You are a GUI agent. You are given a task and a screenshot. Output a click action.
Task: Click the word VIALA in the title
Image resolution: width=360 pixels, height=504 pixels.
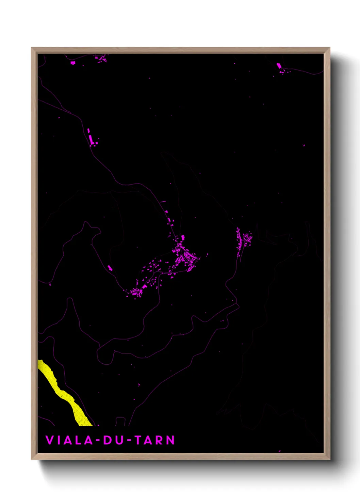tap(69, 440)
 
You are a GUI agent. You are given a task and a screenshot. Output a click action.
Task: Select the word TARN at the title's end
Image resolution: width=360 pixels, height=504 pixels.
tap(155, 440)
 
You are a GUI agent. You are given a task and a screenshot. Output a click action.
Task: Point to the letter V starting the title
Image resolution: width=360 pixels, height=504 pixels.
tap(49, 440)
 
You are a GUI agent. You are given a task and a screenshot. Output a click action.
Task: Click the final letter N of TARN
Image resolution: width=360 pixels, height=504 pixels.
tap(170, 440)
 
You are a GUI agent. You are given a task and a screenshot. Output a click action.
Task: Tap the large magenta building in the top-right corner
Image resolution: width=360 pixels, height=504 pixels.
tap(279, 66)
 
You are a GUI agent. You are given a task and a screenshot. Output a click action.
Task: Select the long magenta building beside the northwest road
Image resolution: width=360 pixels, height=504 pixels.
tap(89, 131)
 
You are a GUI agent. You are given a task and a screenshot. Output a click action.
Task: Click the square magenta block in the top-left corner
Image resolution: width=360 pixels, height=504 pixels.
tap(72, 63)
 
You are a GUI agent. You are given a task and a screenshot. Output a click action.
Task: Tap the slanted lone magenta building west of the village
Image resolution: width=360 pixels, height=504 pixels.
tap(110, 268)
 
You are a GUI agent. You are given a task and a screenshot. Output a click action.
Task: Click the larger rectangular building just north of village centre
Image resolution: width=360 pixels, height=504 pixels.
tap(183, 237)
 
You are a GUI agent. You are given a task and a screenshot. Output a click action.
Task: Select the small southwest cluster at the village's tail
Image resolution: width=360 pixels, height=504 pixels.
tap(136, 292)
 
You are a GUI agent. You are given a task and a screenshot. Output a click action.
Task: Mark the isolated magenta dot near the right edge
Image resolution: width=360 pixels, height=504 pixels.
tap(304, 145)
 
